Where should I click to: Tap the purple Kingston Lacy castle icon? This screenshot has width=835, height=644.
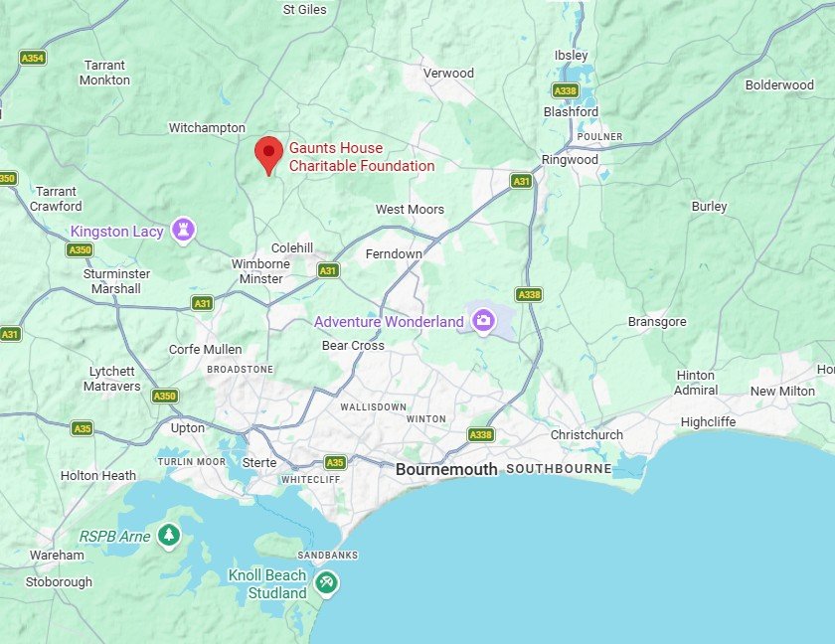click(x=183, y=231)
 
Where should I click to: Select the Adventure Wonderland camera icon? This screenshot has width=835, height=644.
click(x=483, y=320)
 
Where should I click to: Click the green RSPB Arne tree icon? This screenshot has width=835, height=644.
click(x=169, y=536)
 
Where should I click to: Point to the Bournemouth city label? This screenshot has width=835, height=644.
click(x=446, y=469)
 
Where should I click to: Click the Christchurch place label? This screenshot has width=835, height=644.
click(x=586, y=435)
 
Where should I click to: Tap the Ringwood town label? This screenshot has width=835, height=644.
click(x=570, y=160)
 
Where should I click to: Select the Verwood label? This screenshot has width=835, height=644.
click(x=448, y=73)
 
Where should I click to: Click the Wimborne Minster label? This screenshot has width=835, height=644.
click(x=261, y=271)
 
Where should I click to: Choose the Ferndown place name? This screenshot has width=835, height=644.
click(x=394, y=254)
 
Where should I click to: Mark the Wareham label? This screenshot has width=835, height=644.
click(x=57, y=555)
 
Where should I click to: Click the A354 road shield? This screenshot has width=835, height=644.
click(x=33, y=59)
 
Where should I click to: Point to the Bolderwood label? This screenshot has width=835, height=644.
click(x=779, y=85)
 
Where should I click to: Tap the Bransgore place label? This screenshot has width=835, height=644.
click(x=657, y=322)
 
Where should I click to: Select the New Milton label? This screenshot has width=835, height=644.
click(x=782, y=392)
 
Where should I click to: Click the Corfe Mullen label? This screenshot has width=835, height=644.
click(x=206, y=349)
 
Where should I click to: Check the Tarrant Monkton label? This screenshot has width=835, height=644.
click(x=104, y=73)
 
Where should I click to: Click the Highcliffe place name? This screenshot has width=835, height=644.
click(x=708, y=421)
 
